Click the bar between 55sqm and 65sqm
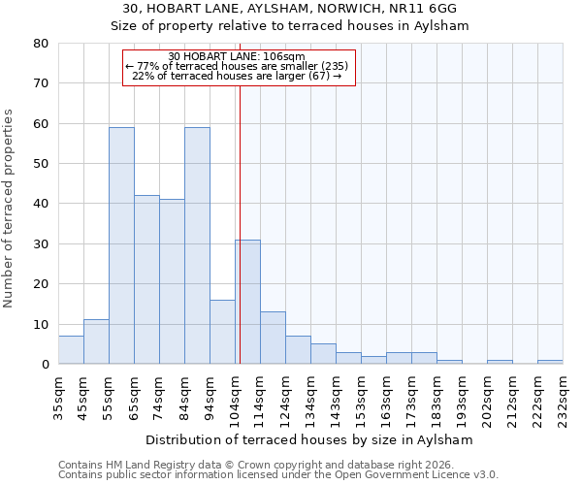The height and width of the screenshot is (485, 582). pos(121,245)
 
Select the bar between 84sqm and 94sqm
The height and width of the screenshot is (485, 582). pos(197,245)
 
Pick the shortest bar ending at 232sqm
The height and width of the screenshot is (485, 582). pos(550,362)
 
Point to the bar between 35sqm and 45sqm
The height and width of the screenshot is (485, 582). pos(71,349)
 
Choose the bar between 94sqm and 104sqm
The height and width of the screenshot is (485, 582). pos(222,332)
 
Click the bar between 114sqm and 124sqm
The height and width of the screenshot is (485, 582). pos(273,338)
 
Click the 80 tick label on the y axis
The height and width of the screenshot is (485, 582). pos(40,44)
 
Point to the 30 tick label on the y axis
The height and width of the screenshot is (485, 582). pos(40,243)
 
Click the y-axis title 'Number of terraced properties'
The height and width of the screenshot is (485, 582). pos(9,209)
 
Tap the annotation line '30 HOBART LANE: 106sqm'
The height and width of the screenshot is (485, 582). pos(237,56)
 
